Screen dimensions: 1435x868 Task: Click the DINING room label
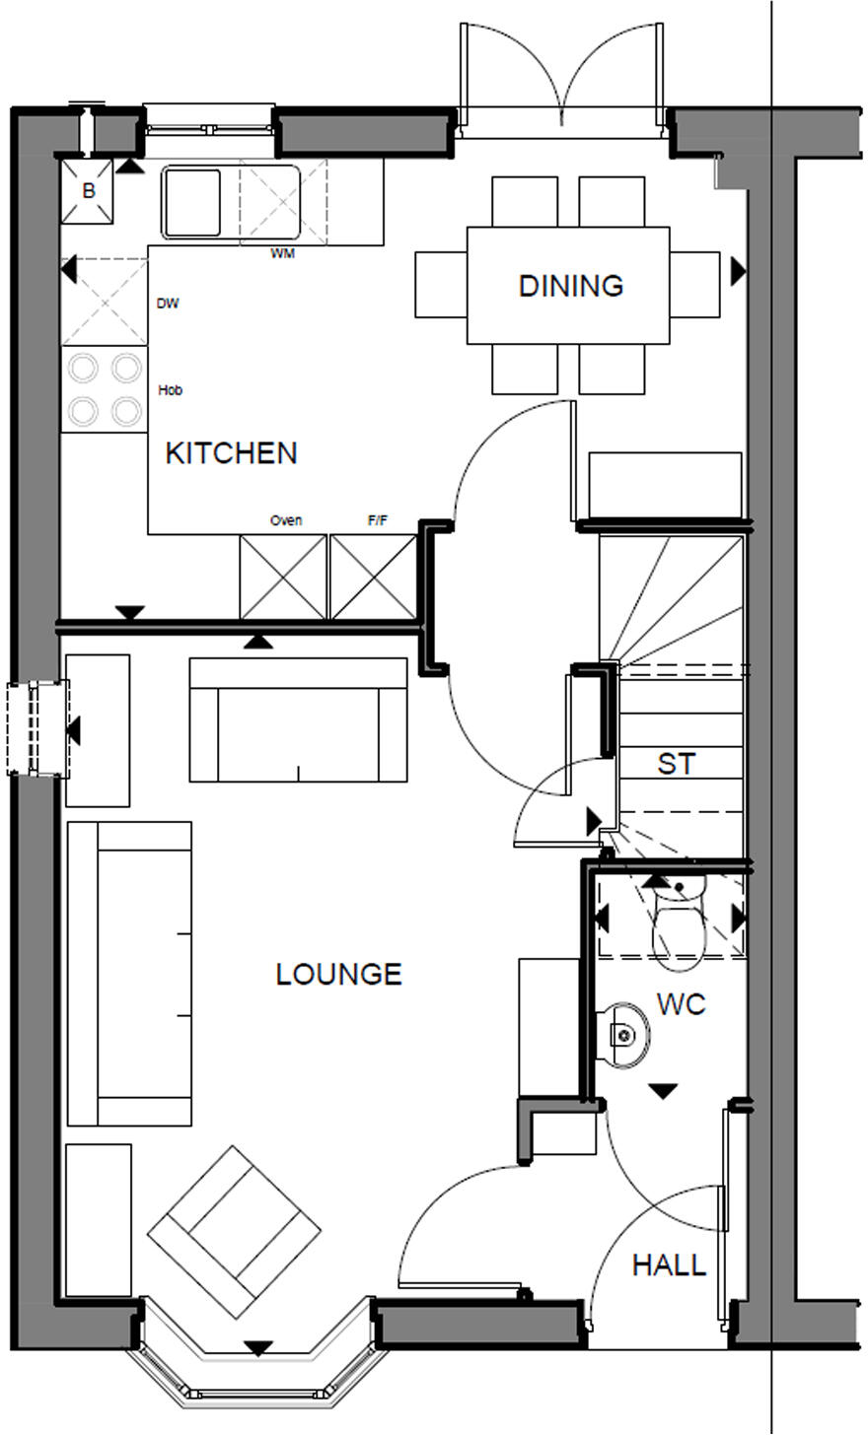571,286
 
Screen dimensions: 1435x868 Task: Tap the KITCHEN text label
231,453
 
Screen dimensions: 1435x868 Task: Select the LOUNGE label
338,975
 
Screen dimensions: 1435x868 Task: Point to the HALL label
669,1264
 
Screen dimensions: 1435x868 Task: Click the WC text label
682,1004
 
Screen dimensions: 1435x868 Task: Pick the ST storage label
676,764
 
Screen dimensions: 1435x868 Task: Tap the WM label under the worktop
283,254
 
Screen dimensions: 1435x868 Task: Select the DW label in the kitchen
168,304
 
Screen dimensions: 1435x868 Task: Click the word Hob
170,390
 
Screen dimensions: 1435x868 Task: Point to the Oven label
286,520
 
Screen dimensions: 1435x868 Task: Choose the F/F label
378,520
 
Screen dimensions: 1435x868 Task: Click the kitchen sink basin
191,202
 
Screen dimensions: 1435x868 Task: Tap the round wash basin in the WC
623,1035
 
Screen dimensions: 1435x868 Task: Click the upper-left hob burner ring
83,369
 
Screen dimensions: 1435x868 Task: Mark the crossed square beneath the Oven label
283,577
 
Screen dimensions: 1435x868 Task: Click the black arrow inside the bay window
258,1348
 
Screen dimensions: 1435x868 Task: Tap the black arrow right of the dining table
737,271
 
